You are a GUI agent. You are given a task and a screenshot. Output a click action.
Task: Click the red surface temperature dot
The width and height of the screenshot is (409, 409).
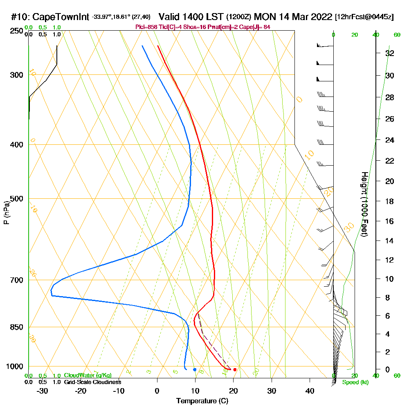coord(235,370)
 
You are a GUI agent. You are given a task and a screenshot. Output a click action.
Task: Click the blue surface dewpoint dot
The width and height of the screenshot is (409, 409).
coord(195,370)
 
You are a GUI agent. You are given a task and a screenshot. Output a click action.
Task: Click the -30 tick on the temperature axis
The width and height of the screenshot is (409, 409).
coord(43,391)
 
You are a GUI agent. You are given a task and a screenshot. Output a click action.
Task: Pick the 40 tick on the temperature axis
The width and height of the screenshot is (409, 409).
coord(310,391)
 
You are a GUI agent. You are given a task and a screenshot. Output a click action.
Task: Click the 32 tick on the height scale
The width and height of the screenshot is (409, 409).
coord(390,53)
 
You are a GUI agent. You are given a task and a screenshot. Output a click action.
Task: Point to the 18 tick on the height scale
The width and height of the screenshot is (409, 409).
coord(390,201)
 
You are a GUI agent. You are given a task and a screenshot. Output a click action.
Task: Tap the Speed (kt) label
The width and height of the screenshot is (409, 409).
coord(355,382)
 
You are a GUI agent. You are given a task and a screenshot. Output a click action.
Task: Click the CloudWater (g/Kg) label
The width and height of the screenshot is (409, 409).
coord(88,375)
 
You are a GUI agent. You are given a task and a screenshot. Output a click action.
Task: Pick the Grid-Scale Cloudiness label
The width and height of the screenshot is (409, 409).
coord(92,382)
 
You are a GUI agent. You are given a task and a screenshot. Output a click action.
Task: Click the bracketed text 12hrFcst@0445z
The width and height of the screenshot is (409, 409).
coord(364,17)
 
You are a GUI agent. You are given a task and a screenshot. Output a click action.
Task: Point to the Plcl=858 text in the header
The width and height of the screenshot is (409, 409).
coord(146,27)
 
